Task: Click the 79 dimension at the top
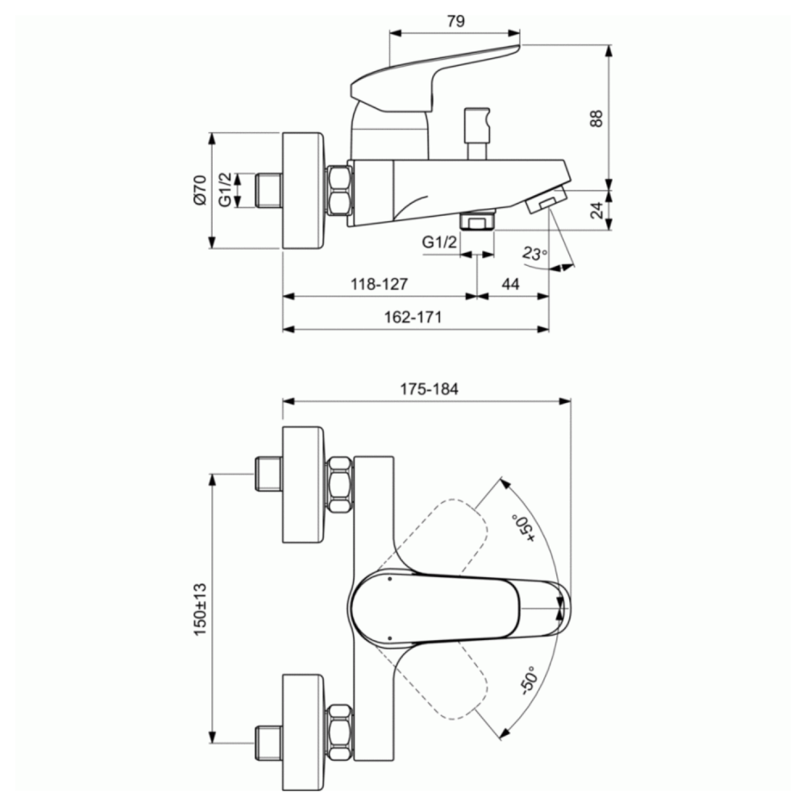coord(456,21)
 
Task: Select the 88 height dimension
coord(596,118)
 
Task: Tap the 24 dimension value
coord(597,210)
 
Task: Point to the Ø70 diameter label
coord(200,190)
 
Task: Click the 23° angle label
coord(534,253)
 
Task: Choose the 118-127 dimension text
coord(380,285)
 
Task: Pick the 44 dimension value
coord(510,285)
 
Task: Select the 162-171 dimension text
coord(413,317)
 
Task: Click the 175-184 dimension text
coord(430,389)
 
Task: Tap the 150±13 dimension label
coord(200,609)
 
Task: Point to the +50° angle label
coord(523,528)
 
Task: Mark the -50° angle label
coord(529,680)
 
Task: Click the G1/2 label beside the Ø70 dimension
coord(225,190)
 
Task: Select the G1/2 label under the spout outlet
coord(439,242)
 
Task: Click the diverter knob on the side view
coord(476,134)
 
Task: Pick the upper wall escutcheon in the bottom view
coord(303,484)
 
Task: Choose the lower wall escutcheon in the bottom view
coord(303,732)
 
